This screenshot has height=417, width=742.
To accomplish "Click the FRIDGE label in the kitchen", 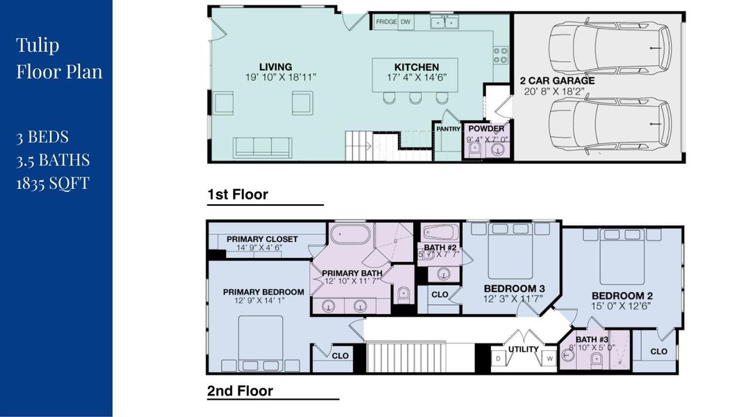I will [x=386, y=22].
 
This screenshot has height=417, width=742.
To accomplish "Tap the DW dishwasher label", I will [x=405, y=22].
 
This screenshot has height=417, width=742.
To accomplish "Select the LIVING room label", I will [x=276, y=67].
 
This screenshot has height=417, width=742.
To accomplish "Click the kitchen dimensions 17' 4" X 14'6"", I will [x=414, y=78].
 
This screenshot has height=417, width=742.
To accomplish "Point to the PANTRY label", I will [x=449, y=129].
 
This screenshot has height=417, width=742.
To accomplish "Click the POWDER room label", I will [x=485, y=129].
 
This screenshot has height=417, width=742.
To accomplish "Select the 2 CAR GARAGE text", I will [x=556, y=81].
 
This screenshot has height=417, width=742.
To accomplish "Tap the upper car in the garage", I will [x=609, y=47].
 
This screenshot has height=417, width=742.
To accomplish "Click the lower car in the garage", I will [x=609, y=124].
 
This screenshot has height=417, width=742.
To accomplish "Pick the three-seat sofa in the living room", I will [x=262, y=147].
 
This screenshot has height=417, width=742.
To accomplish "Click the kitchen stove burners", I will [x=500, y=55].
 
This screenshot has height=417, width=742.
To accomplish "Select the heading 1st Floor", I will [x=237, y=195].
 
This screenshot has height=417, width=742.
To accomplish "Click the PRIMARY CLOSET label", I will [x=261, y=239].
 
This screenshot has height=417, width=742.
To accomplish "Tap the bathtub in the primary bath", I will [x=350, y=234].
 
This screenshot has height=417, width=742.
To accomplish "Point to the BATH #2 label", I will [x=439, y=247].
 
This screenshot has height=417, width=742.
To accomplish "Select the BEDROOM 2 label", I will [x=622, y=295].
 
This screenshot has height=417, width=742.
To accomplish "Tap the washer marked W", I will [x=549, y=359].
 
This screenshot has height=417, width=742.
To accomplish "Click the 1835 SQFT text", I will [x=53, y=183].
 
